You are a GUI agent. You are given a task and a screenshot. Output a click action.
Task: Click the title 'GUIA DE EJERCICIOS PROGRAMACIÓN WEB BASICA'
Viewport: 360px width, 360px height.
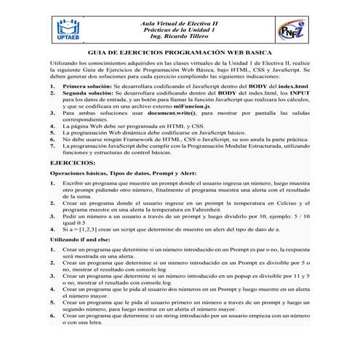180,55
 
